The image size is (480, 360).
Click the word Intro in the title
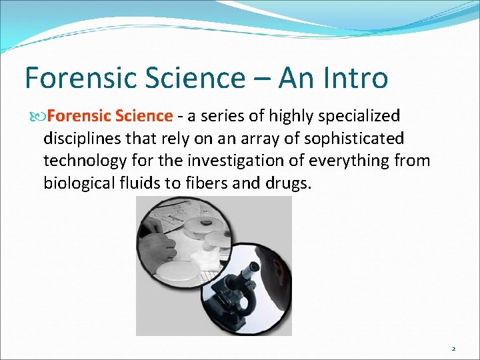(x=354, y=79)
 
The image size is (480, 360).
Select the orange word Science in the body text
(x=145, y=116)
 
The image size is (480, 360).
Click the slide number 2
(x=453, y=349)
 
